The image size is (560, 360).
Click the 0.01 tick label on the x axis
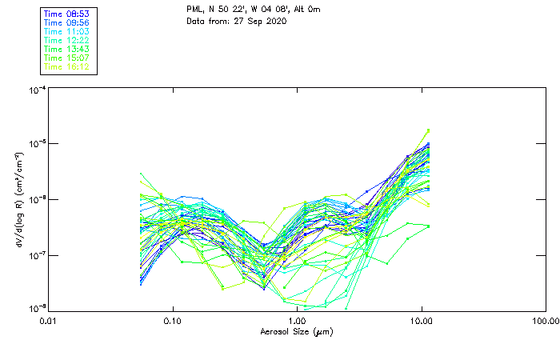(x=49, y=322)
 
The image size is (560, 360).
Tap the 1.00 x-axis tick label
(x=298, y=322)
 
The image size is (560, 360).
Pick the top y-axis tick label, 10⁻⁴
(x=36, y=90)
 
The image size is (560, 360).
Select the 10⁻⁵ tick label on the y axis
(x=36, y=145)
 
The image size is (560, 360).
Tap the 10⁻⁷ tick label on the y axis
(x=36, y=255)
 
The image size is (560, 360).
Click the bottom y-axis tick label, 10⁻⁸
(x=36, y=308)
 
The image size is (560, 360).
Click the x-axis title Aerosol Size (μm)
(x=296, y=331)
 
